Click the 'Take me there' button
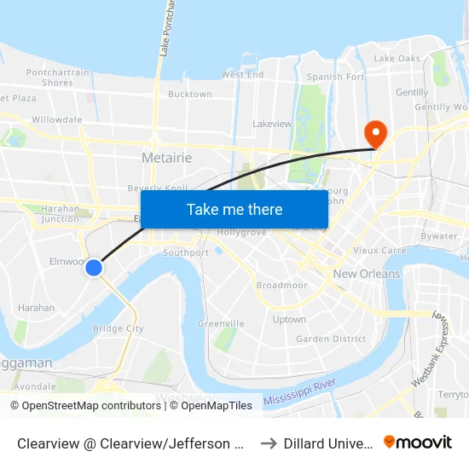(234, 210)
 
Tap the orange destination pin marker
(374, 134)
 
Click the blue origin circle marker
(94, 268)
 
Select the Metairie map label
(166, 158)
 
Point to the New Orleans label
(367, 274)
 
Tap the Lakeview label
(272, 124)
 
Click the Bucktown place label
(190, 95)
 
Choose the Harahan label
(37, 308)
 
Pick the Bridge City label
(118, 328)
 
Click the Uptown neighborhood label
(289, 320)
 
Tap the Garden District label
(331, 339)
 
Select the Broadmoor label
(281, 286)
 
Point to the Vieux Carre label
(377, 251)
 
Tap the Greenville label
(221, 324)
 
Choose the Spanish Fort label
(336, 77)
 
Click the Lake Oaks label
(397, 59)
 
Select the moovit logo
(417, 442)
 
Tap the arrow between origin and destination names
(268, 443)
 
